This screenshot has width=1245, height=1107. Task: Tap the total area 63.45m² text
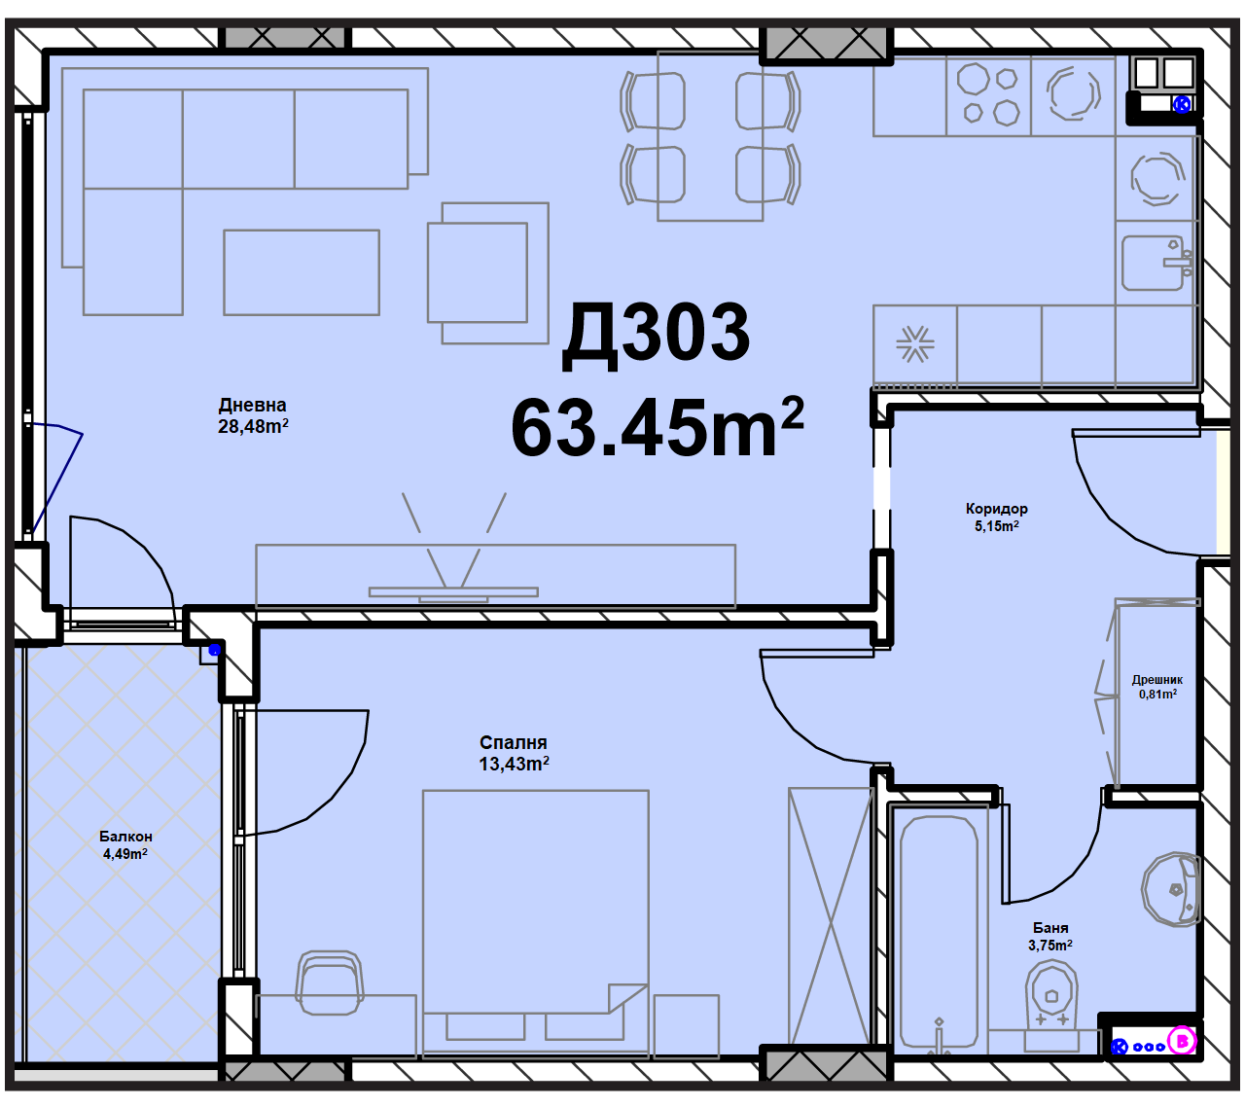click(657, 427)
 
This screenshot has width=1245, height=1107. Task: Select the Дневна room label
click(253, 405)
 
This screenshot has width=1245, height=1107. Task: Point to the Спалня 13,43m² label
click(514, 753)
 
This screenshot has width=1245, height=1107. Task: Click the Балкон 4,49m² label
click(125, 844)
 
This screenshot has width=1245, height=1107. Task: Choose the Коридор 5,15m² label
click(996, 517)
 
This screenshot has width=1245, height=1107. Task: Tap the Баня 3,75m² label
click(1049, 936)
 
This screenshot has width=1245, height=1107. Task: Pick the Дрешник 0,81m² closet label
click(1157, 687)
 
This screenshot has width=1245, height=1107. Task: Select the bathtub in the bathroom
click(939, 928)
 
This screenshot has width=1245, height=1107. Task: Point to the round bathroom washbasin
click(1171, 889)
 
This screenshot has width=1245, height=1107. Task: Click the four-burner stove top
click(988, 95)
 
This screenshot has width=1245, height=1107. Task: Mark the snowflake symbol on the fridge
click(915, 343)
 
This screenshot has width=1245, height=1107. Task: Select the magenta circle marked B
click(1181, 1041)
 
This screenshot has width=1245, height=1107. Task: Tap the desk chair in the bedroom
click(329, 983)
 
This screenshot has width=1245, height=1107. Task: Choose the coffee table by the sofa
click(302, 272)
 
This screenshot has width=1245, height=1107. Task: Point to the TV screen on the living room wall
click(453, 592)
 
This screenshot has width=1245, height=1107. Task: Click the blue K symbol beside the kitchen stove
click(1182, 104)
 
